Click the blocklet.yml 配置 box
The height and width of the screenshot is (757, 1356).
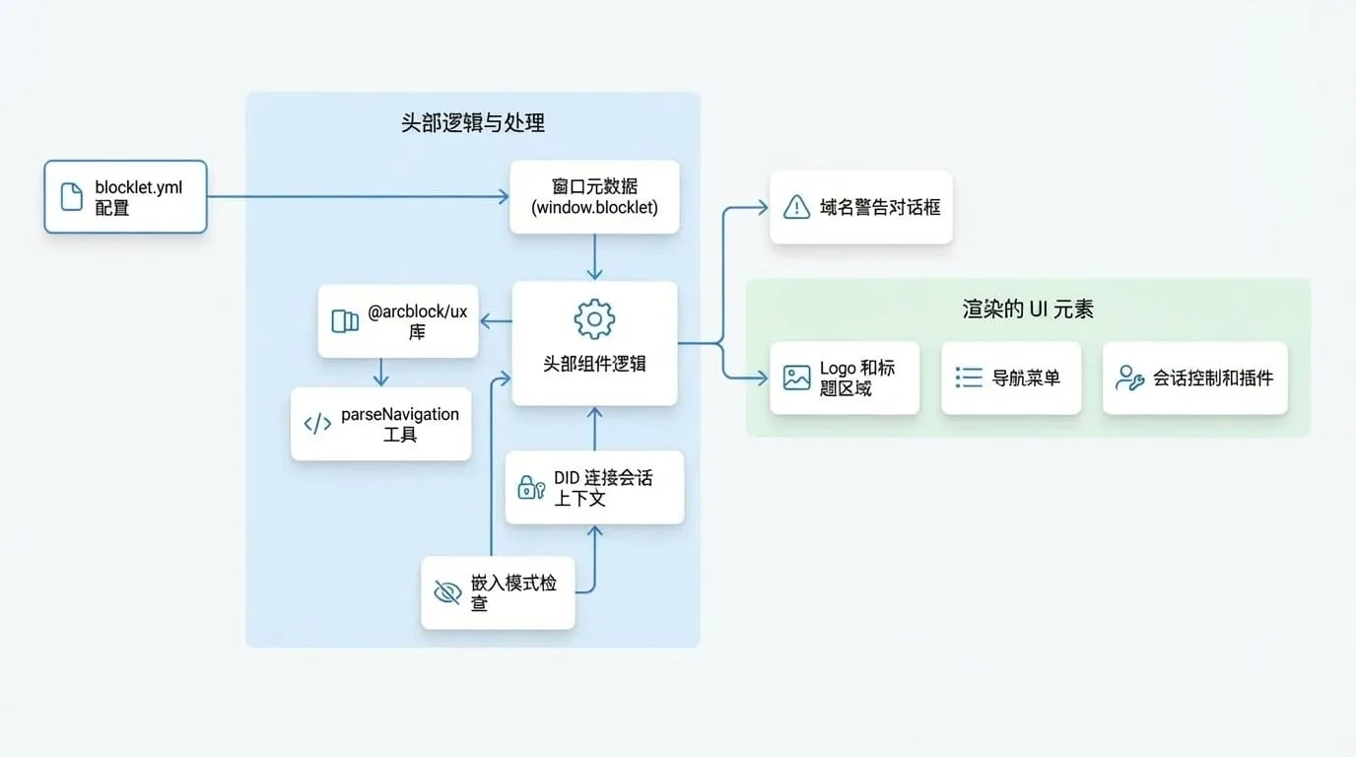click(125, 197)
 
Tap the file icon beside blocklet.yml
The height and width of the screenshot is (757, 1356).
click(71, 197)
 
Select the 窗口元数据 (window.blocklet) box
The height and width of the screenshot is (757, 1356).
click(594, 197)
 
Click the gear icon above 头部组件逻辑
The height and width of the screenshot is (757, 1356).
click(594, 318)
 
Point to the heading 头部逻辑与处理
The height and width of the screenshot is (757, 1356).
click(473, 123)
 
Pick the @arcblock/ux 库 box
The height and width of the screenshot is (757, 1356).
click(398, 321)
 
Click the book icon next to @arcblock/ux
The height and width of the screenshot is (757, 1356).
click(345, 321)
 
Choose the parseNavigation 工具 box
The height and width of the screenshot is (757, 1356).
click(380, 424)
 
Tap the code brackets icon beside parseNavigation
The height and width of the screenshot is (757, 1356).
click(317, 424)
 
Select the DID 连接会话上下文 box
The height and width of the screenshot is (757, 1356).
click(594, 488)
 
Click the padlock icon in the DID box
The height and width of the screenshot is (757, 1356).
click(531, 488)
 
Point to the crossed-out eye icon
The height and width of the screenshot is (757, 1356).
click(448, 592)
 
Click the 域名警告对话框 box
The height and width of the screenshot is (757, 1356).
click(861, 207)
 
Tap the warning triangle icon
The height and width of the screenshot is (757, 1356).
click(796, 207)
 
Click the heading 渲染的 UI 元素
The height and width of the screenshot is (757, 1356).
click(1028, 310)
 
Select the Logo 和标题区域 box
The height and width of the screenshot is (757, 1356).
click(845, 378)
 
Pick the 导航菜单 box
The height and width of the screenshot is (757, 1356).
click(1011, 378)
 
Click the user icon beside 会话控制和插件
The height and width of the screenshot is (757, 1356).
click(1129, 378)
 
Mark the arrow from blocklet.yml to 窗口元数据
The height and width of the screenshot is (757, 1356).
click(358, 196)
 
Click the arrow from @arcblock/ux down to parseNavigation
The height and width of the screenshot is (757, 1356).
click(380, 372)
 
